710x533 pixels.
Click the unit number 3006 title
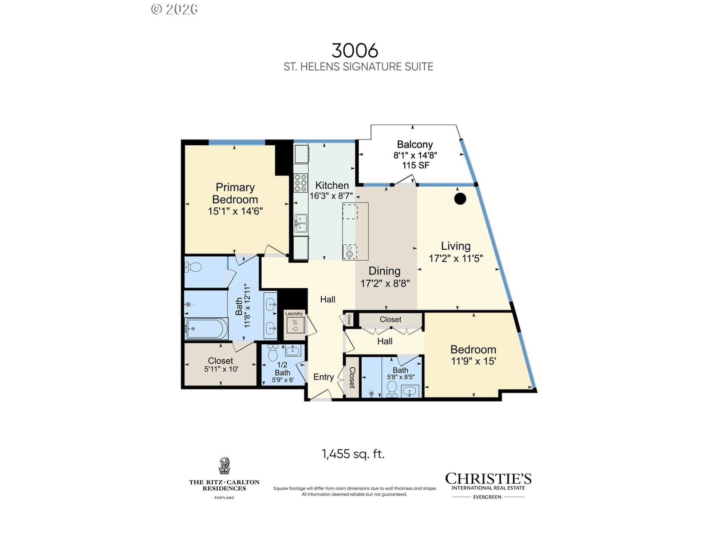(x=355, y=51)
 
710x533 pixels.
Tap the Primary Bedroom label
(x=235, y=193)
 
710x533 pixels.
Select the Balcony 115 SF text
(x=416, y=165)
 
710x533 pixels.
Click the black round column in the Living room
(x=460, y=199)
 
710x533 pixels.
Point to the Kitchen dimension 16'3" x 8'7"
(x=331, y=196)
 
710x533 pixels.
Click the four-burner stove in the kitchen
(x=300, y=183)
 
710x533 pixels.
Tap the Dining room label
(x=384, y=271)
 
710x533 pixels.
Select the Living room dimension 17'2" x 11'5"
(x=456, y=258)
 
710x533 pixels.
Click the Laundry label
(x=294, y=313)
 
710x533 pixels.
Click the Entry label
(x=323, y=377)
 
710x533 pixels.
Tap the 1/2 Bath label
(x=282, y=369)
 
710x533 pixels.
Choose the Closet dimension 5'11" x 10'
(x=221, y=369)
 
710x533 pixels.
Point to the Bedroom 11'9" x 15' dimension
(x=473, y=361)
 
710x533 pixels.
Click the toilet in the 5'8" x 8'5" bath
(x=392, y=389)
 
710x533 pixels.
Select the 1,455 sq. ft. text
(x=353, y=454)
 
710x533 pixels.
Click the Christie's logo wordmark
(x=488, y=479)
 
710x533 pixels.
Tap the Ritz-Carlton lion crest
(x=225, y=465)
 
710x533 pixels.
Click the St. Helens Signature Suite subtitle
(x=359, y=67)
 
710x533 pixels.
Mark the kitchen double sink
(x=300, y=223)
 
